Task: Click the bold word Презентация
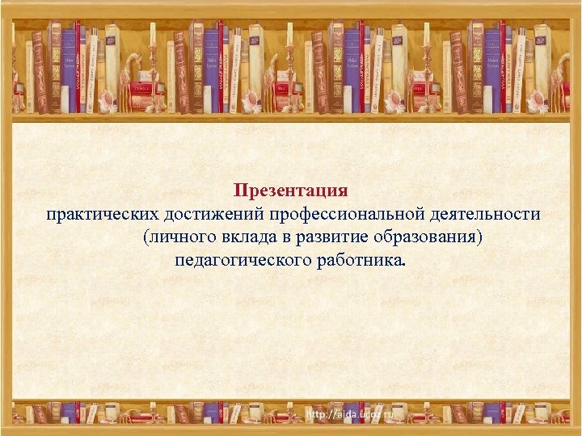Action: [290, 191]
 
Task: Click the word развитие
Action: [327, 238]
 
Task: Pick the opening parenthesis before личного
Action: [145, 238]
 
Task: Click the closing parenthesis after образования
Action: [480, 238]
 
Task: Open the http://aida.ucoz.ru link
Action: [348, 414]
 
